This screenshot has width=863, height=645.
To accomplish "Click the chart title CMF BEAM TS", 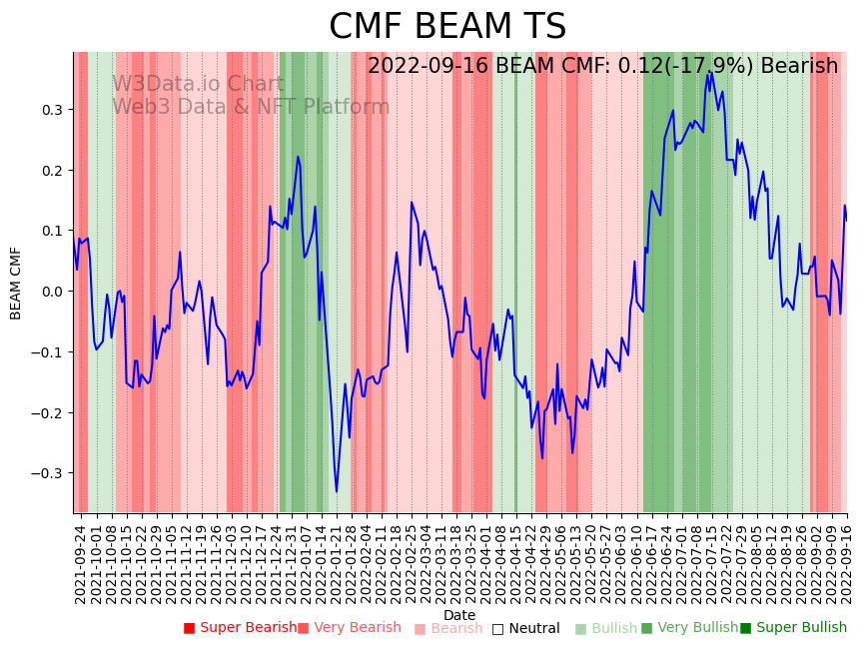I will (447, 27).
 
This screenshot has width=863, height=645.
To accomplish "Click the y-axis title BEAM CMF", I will (16, 283).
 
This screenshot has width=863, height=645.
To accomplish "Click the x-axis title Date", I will (459, 615).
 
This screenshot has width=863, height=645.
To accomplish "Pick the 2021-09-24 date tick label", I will (81, 564).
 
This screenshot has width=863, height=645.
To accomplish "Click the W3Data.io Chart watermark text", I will (197, 84).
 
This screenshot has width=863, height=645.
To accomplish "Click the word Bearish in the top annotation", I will (799, 67).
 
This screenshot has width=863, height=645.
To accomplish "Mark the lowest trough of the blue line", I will (337, 491).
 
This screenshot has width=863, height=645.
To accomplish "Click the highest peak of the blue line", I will (708, 72).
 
